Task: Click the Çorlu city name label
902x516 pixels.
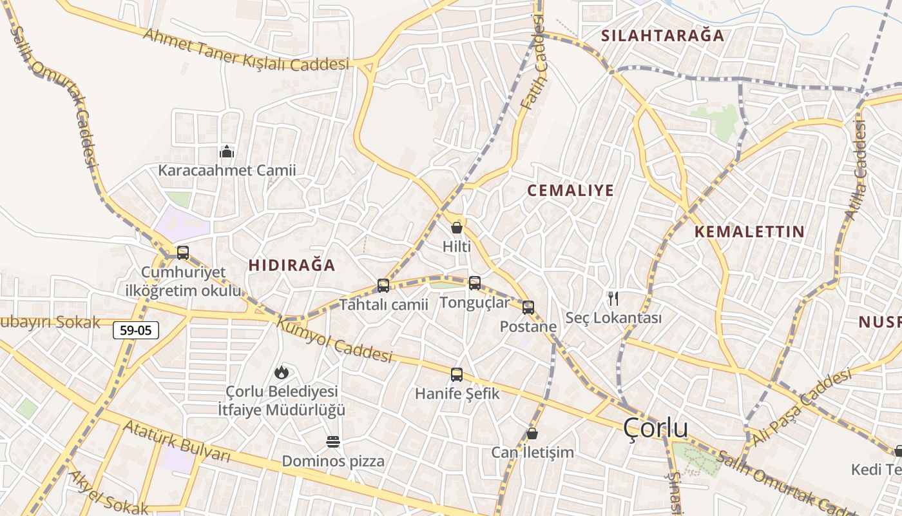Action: pos(656,428)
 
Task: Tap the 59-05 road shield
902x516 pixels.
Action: pos(136,330)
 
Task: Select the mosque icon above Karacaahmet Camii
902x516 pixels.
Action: pos(227,152)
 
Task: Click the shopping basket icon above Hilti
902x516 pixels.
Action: pos(457,228)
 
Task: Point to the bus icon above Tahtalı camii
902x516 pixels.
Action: pos(383,285)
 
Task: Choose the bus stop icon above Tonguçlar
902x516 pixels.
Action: pos(475,283)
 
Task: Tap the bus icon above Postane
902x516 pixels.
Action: pos(528,308)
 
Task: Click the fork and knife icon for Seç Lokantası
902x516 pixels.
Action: pos(613,299)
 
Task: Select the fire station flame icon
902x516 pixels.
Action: pos(281,372)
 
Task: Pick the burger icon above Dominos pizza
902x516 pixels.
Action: pos(333,442)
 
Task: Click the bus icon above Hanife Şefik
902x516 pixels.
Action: pos(457,374)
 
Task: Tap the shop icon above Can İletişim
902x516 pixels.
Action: pos(532,433)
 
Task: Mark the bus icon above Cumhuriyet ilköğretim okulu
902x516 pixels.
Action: pos(183,252)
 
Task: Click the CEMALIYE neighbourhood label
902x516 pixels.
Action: pos(570,190)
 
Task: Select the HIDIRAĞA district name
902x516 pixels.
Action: pos(292,265)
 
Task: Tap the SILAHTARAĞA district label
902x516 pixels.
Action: pos(663,35)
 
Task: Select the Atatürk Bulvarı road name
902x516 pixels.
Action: pos(177,441)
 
